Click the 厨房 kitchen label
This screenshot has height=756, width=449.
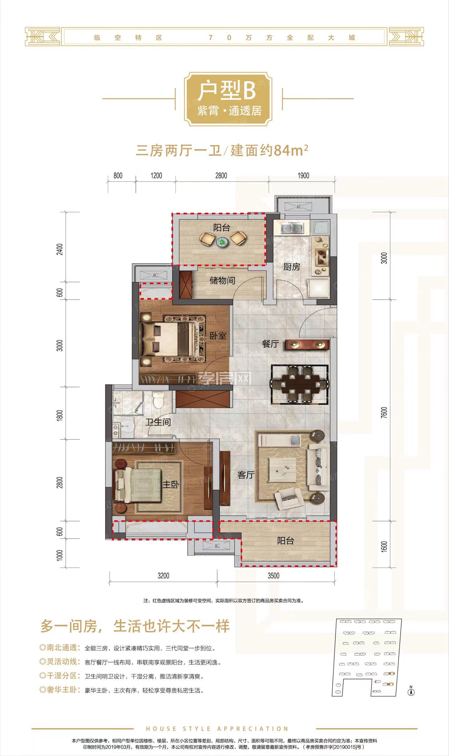pyautogui.click(x=292, y=267)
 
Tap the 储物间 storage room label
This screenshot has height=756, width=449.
pyautogui.click(x=222, y=280)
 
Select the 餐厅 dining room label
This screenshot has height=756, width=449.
pyautogui.click(x=270, y=344)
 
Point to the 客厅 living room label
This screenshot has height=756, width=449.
pyautogui.click(x=246, y=475)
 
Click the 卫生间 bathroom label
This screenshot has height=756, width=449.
pyautogui.click(x=158, y=422)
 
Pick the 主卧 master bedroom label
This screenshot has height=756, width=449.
pyautogui.click(x=171, y=484)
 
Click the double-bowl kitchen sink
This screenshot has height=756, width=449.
pyautogui.click(x=292, y=228)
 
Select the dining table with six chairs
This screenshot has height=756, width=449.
pyautogui.click(x=299, y=384)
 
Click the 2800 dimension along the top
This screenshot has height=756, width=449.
pyautogui.click(x=221, y=176)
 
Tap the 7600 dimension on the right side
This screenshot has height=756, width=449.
pyautogui.click(x=384, y=413)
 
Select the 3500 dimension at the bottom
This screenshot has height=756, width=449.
pyautogui.click(x=273, y=576)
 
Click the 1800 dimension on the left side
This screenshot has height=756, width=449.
pyautogui.click(x=60, y=415)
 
